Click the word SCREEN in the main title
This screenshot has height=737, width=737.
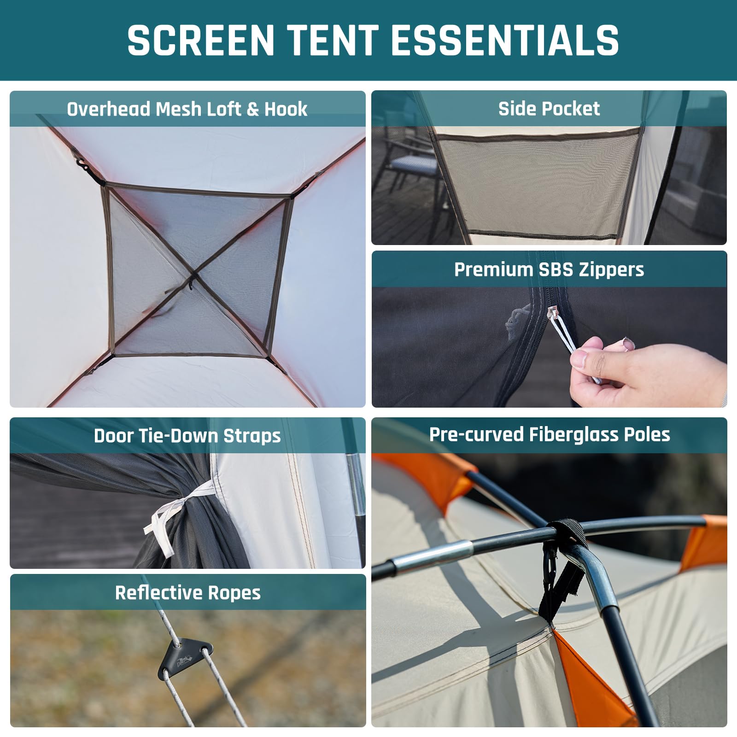[201, 40]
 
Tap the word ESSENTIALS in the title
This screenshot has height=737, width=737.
[505, 40]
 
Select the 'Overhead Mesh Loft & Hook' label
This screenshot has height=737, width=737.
[187, 109]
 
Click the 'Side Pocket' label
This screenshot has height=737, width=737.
[549, 109]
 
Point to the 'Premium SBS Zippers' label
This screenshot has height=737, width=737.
[549, 269]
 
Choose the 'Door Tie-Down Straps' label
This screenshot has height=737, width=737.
[187, 436]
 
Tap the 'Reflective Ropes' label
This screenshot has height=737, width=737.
[188, 593]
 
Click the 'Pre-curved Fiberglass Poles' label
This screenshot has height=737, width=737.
[550, 435]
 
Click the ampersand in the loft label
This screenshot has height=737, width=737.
[252, 110]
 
